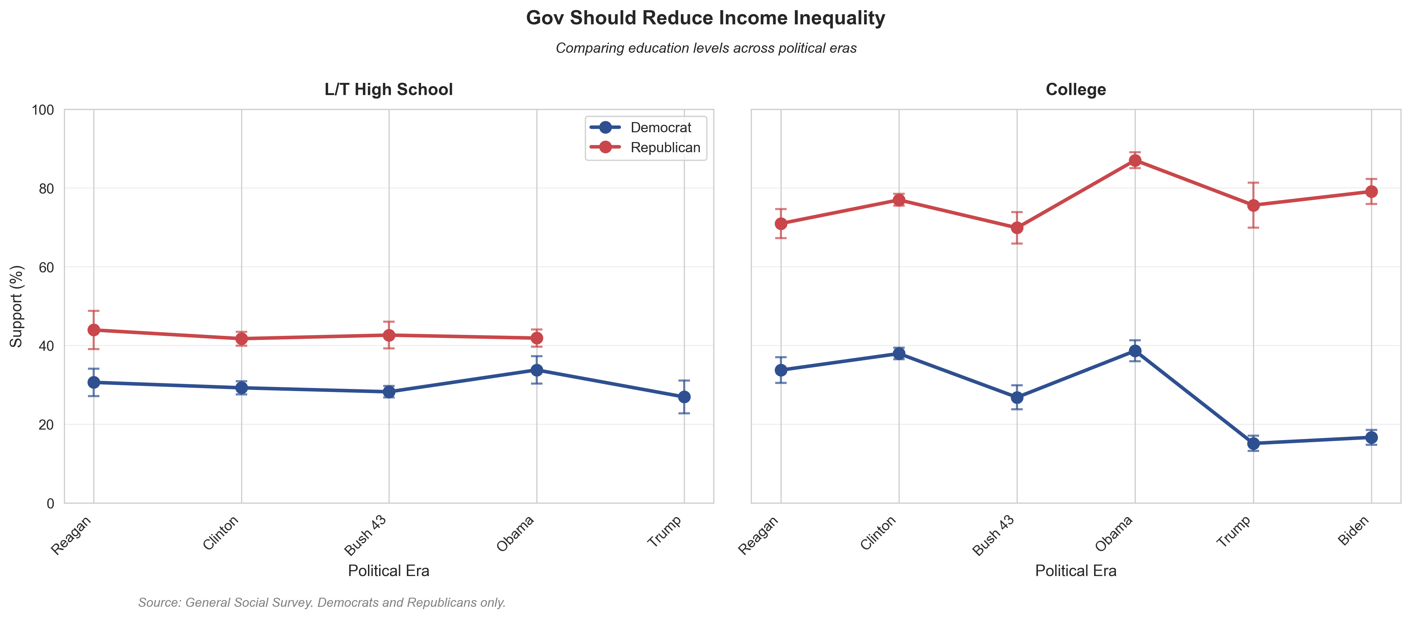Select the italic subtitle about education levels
coord(705,48)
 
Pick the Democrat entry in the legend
coord(660,128)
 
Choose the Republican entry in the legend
coord(665,148)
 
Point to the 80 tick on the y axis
coord(43,188)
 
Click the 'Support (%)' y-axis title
coord(17,306)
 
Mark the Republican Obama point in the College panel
coord(1135,161)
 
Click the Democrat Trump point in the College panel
coord(1253,443)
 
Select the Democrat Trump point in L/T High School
coord(684,396)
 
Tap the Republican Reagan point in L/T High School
coord(94,330)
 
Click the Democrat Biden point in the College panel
coord(1371,437)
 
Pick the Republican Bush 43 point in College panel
coord(1017,227)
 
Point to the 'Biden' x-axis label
coord(1354,531)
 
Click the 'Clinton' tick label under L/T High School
coord(221,532)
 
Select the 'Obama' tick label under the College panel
coord(1114,533)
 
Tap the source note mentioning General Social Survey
coord(322,602)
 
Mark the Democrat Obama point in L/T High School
coord(536,370)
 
